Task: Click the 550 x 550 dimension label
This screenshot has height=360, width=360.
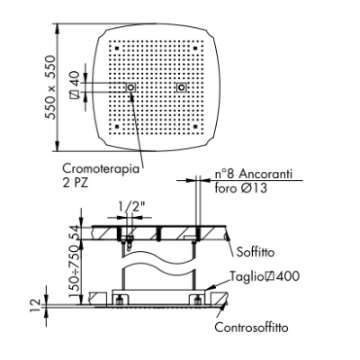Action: tap(50, 87)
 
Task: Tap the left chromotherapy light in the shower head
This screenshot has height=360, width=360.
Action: tap(130, 87)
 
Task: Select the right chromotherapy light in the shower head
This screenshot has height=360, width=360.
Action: tap(181, 87)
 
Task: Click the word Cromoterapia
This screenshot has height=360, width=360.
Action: tap(101, 169)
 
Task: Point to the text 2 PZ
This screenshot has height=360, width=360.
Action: tap(76, 183)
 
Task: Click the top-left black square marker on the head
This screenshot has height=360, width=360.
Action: tap(117, 48)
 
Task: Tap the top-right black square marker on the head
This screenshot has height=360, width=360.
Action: tap(195, 48)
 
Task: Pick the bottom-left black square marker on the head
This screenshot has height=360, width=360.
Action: tap(117, 126)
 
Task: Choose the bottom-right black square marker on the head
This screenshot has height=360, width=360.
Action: tap(195, 126)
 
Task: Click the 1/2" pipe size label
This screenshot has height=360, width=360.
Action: tap(130, 207)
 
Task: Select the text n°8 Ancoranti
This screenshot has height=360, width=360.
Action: tap(254, 175)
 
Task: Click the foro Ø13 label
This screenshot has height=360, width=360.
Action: tap(240, 188)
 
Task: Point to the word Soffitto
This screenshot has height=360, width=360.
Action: tap(256, 252)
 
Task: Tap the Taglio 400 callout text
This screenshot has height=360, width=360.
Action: tap(265, 276)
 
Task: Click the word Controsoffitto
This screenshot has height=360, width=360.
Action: tap(251, 328)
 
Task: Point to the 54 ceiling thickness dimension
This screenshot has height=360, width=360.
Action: tap(75, 232)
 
